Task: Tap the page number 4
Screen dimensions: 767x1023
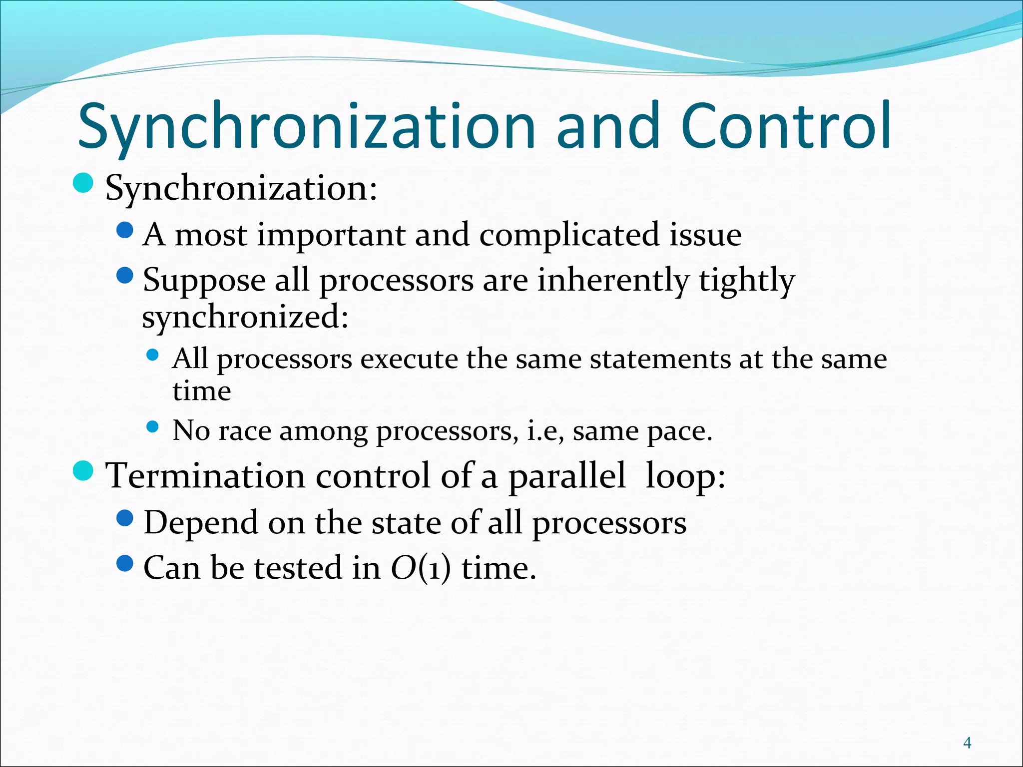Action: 968,743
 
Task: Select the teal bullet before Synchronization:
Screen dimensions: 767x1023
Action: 83,183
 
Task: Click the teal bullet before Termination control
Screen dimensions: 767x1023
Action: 83,471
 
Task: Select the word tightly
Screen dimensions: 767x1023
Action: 746,280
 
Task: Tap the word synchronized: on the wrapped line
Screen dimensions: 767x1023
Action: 245,317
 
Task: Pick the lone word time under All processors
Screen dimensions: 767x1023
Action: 202,390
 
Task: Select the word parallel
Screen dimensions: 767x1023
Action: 566,475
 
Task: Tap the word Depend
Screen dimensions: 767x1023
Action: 200,522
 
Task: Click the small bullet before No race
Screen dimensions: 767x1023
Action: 153,427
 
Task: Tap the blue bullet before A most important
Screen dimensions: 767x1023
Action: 125,230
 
